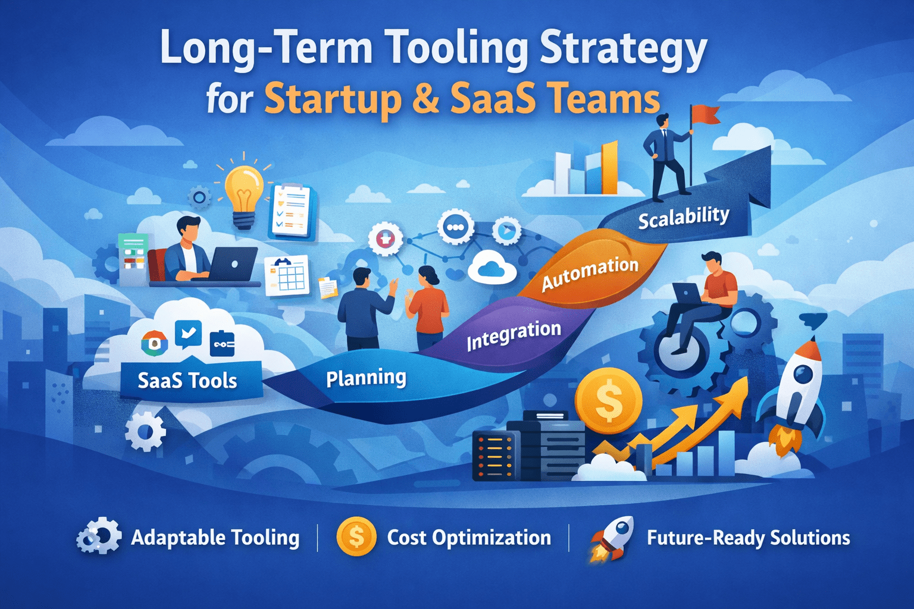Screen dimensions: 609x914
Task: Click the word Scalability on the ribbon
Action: pos(683,218)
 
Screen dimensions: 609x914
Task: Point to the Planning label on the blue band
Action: pos(366,378)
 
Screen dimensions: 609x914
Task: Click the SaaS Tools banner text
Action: pos(187,381)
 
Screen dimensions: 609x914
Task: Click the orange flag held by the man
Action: pos(706,114)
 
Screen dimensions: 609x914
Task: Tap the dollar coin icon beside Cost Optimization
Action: pos(356,537)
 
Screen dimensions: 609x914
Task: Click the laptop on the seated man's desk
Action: pos(233,264)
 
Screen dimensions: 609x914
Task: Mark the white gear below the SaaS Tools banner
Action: pos(145,431)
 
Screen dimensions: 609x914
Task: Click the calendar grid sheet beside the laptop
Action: pos(287,275)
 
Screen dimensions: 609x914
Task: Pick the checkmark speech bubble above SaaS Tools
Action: pos(188,334)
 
